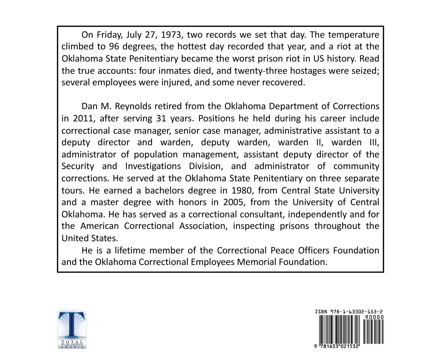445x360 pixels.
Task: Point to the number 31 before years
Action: coord(161,118)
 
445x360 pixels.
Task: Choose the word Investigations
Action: coord(153,166)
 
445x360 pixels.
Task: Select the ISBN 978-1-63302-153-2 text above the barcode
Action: coord(349,312)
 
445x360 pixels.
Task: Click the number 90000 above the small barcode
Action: coord(374,317)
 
